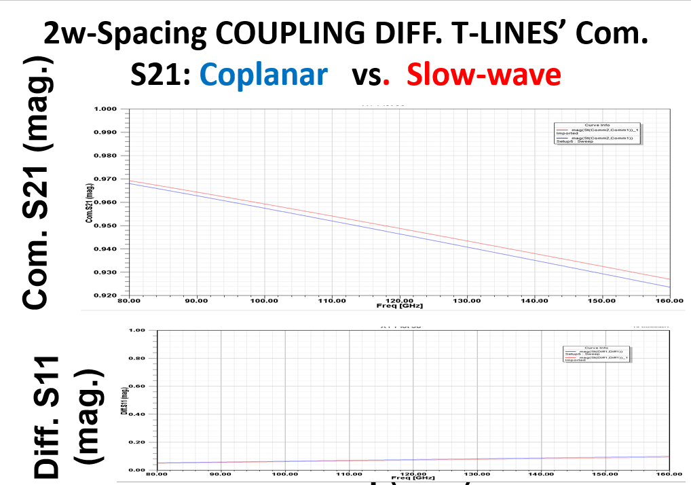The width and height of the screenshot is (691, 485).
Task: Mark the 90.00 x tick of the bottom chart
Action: (221, 473)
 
